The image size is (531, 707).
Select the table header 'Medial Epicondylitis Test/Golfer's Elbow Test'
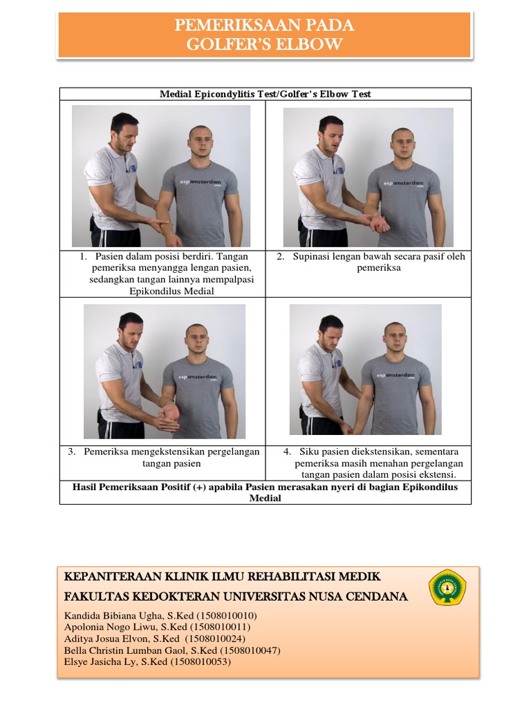(265, 94)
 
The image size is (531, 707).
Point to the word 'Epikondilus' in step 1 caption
(158, 291)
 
